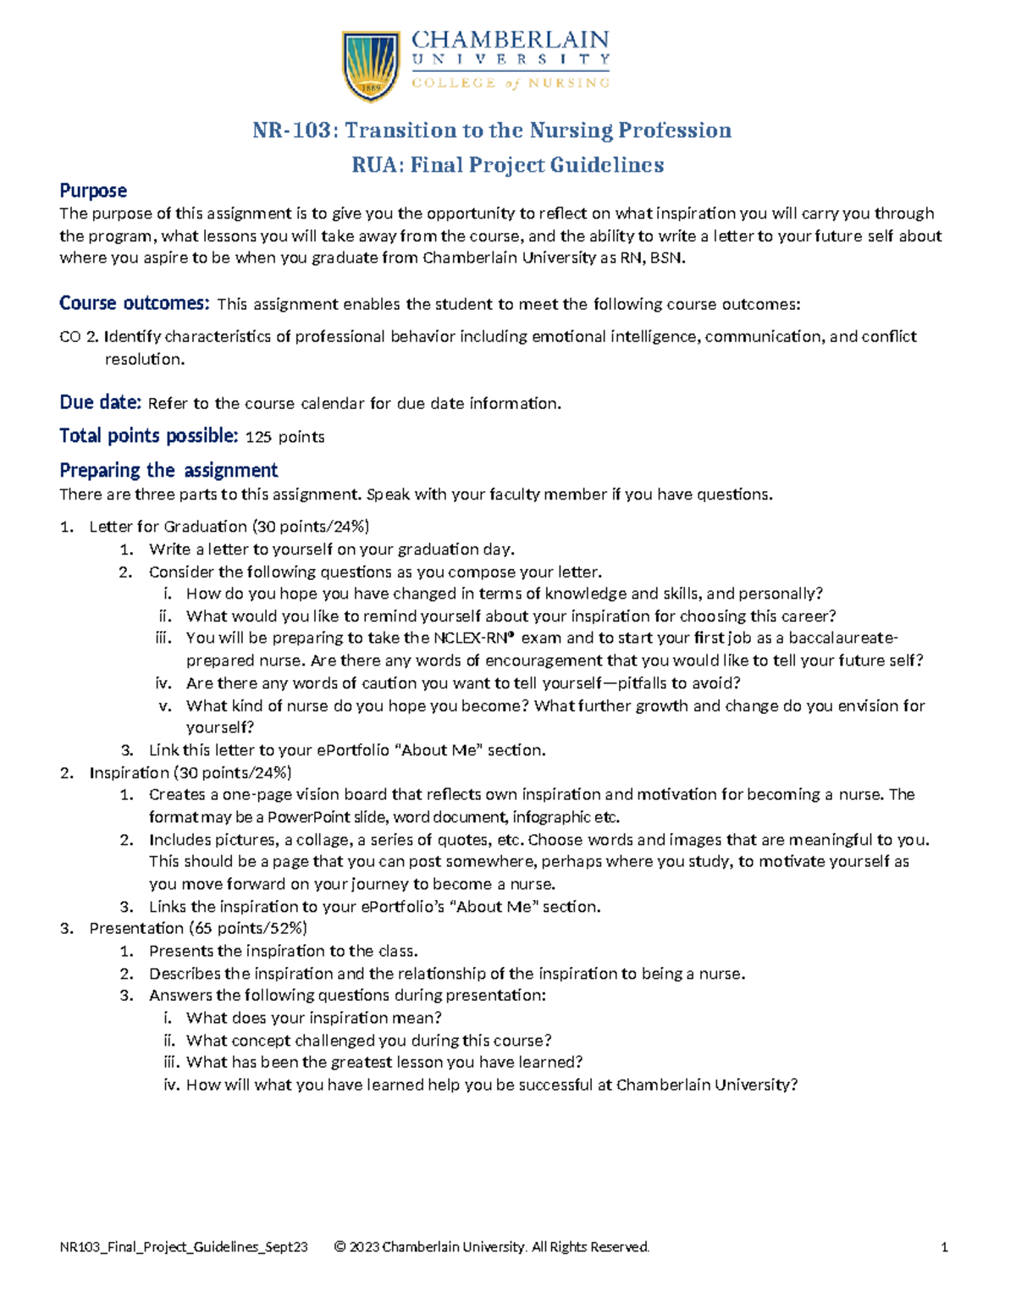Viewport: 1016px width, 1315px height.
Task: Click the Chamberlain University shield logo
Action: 370,65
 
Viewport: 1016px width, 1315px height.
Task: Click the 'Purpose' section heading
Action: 93,191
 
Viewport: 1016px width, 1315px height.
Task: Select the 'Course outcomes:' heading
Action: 134,303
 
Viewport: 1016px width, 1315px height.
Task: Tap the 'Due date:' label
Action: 100,402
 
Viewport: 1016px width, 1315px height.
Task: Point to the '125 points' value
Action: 284,437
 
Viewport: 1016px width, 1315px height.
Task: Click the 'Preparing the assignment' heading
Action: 168,470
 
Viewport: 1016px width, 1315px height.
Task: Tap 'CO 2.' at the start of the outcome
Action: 79,337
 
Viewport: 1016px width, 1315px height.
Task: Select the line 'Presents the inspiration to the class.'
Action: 284,951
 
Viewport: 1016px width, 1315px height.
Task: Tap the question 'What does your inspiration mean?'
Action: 314,1018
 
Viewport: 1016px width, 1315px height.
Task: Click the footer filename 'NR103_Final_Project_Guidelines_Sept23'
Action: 184,1246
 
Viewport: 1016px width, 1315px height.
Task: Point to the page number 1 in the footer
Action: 944,1246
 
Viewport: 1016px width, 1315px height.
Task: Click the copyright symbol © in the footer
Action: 340,1246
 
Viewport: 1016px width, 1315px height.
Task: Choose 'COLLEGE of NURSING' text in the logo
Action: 510,83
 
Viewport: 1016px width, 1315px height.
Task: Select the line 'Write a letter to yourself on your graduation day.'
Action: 332,550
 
